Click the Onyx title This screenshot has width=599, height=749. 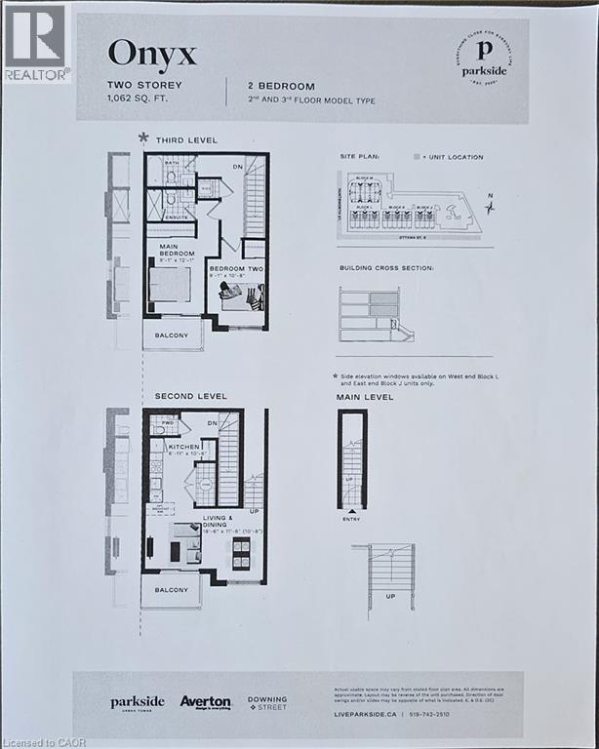(x=151, y=52)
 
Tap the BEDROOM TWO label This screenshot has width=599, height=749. (x=233, y=270)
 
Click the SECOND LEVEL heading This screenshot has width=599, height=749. (x=190, y=396)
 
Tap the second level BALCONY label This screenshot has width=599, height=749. (x=170, y=590)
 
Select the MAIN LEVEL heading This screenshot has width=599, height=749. (x=365, y=397)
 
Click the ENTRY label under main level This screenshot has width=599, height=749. (x=350, y=519)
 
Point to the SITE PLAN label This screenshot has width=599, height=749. (x=361, y=156)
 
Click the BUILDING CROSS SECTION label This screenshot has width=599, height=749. (x=386, y=266)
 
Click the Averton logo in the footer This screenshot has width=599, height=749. (x=205, y=701)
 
